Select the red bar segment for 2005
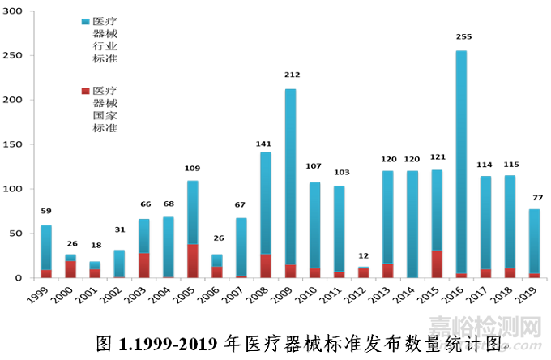point(192,261)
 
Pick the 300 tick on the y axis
point(15,11)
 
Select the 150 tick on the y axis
point(15,145)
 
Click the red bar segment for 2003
point(143,265)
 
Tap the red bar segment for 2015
point(436,264)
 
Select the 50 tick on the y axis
point(19,234)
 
